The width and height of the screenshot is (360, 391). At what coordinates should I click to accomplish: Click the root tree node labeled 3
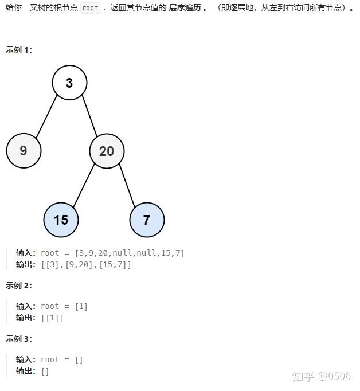[69, 83]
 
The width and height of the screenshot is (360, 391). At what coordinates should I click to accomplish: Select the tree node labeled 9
[24, 151]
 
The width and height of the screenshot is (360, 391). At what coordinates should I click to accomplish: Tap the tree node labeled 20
[107, 151]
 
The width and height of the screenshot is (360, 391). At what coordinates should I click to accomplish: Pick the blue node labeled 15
[61, 220]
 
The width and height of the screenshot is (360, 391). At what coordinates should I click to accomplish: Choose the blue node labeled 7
[147, 220]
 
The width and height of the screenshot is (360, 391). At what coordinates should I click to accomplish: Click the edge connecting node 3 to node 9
[46, 116]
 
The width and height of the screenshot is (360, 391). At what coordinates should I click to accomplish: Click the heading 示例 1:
[19, 50]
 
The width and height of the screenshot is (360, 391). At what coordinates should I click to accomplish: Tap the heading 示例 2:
[19, 286]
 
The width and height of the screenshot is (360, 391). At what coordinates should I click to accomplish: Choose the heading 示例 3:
[19, 339]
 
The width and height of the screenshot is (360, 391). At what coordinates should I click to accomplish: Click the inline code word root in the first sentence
[90, 9]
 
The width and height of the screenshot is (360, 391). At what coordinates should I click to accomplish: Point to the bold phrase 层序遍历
[186, 9]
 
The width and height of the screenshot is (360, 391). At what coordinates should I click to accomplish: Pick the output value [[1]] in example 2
[52, 318]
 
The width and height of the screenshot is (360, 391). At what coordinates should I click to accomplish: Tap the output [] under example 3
[45, 371]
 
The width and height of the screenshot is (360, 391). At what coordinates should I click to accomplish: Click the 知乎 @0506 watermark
[321, 376]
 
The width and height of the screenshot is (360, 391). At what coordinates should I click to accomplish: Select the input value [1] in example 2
[81, 306]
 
